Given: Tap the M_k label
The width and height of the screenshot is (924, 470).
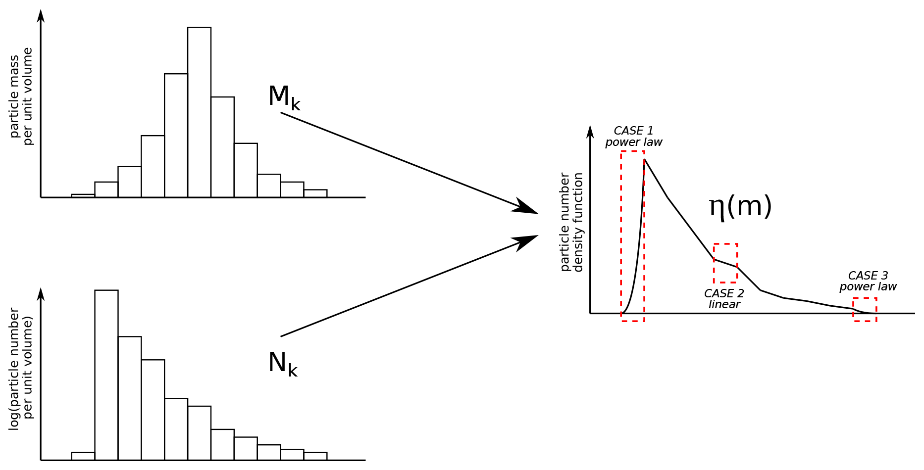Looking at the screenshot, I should [284, 97].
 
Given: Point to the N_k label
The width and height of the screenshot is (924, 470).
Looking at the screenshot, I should [283, 364].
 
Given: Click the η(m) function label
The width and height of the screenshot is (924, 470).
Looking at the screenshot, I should [740, 206].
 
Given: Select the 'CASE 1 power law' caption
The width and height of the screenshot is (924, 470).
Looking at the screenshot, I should [633, 137].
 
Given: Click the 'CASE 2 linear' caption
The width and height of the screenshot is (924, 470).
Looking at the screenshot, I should [724, 299].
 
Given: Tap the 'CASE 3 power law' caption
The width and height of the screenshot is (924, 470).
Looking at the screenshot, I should [868, 281].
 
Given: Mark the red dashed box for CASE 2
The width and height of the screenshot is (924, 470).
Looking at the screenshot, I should [725, 263].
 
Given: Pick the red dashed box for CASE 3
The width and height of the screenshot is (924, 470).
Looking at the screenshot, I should [865, 309].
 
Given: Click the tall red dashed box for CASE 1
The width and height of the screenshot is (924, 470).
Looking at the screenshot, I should [632, 236].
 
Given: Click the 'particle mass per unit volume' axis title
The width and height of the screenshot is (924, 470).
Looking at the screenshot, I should [21, 96].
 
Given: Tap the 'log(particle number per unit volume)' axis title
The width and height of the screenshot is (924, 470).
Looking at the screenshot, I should [21, 369].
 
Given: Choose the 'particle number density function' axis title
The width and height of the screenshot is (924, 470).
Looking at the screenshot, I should [571, 222].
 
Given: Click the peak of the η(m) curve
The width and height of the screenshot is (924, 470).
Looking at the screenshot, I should [644, 159].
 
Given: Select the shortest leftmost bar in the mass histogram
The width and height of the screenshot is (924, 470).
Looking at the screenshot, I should [83, 196].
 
